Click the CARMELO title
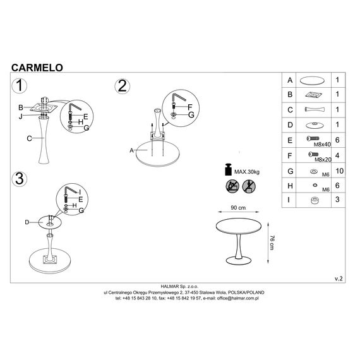(x=37, y=68)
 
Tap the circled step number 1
(x=20, y=86)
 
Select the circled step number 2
(x=122, y=87)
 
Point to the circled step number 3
(x=20, y=179)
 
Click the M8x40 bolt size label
(x=322, y=145)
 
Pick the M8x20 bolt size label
(x=323, y=160)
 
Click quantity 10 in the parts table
(x=340, y=171)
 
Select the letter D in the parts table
(x=290, y=125)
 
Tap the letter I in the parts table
(x=289, y=200)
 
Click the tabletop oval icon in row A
(x=313, y=81)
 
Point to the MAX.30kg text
(x=247, y=172)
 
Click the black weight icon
(x=228, y=170)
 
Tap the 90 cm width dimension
(x=238, y=208)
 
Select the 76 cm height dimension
(x=272, y=243)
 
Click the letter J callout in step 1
(x=21, y=117)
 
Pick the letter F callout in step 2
(x=189, y=107)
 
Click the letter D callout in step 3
(x=27, y=222)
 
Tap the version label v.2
(x=339, y=279)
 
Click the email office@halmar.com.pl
(x=237, y=298)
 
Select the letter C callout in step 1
(x=29, y=138)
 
